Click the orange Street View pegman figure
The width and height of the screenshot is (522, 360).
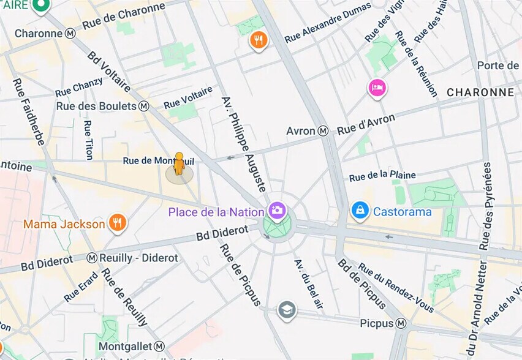coord(179,164)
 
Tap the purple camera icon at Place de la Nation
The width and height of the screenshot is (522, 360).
coord(277,211)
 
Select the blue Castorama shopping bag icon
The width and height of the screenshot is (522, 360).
coord(360,211)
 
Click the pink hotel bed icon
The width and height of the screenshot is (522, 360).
coord(377,88)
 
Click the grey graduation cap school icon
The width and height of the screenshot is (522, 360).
coord(287,310)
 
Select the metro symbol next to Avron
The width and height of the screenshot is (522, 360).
coord(323,131)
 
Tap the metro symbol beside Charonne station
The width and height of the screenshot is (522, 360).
coord(70,34)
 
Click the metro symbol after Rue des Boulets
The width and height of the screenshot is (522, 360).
coord(144,106)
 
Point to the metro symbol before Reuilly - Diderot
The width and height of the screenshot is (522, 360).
coord(92,258)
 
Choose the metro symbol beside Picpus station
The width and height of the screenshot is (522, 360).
coord(401,323)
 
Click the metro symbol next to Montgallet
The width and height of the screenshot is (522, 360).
coord(159,347)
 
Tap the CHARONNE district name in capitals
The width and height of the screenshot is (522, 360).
coord(480,92)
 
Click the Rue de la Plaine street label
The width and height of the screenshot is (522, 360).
coord(382,176)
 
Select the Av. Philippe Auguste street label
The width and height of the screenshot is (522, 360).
coord(244,143)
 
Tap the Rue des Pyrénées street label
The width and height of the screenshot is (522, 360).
coord(486,206)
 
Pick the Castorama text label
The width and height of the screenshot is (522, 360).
coord(403,212)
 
